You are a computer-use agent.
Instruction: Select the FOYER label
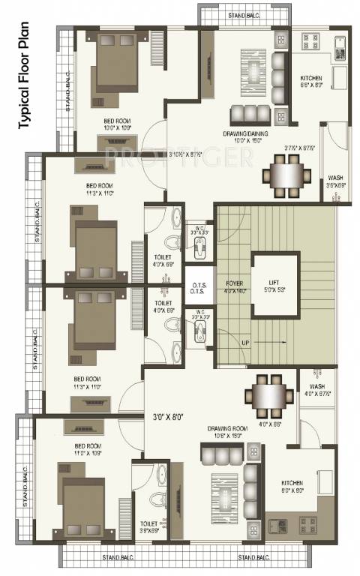[x=232, y=283]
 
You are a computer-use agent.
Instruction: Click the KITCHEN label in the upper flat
[x=310, y=77]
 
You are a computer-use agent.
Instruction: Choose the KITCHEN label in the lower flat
[x=291, y=483]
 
